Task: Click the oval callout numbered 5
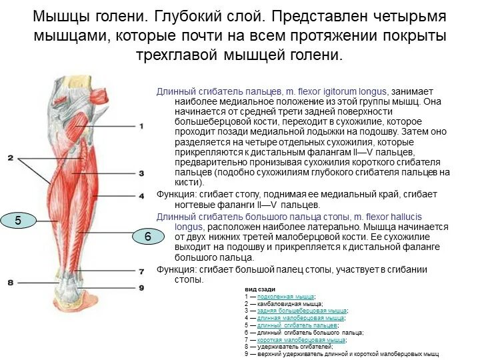(x=19, y=221)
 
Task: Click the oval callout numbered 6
(x=148, y=236)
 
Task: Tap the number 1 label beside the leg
(x=141, y=126)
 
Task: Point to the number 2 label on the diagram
(x=10, y=157)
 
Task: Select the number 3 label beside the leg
(x=141, y=173)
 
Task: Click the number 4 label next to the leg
(x=141, y=196)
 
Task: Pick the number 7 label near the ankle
(x=141, y=272)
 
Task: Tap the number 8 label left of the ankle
(x=10, y=283)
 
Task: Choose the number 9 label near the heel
(x=141, y=287)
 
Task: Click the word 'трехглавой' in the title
(x=177, y=55)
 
